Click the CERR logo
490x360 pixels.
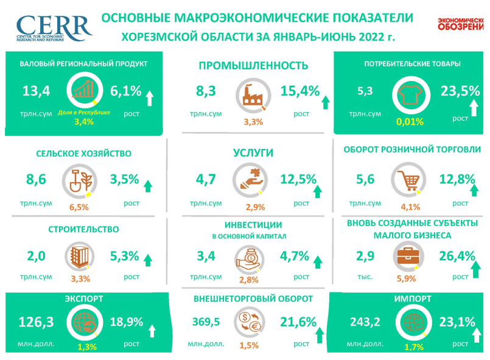coord(54,27)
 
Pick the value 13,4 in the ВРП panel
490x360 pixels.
coord(35,92)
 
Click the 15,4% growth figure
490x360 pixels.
coord(300,91)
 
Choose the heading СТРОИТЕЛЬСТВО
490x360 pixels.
coord(83,229)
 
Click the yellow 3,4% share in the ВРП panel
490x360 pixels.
coord(85,122)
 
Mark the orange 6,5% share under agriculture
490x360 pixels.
coord(80,207)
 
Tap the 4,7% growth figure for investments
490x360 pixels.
coord(295,256)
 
